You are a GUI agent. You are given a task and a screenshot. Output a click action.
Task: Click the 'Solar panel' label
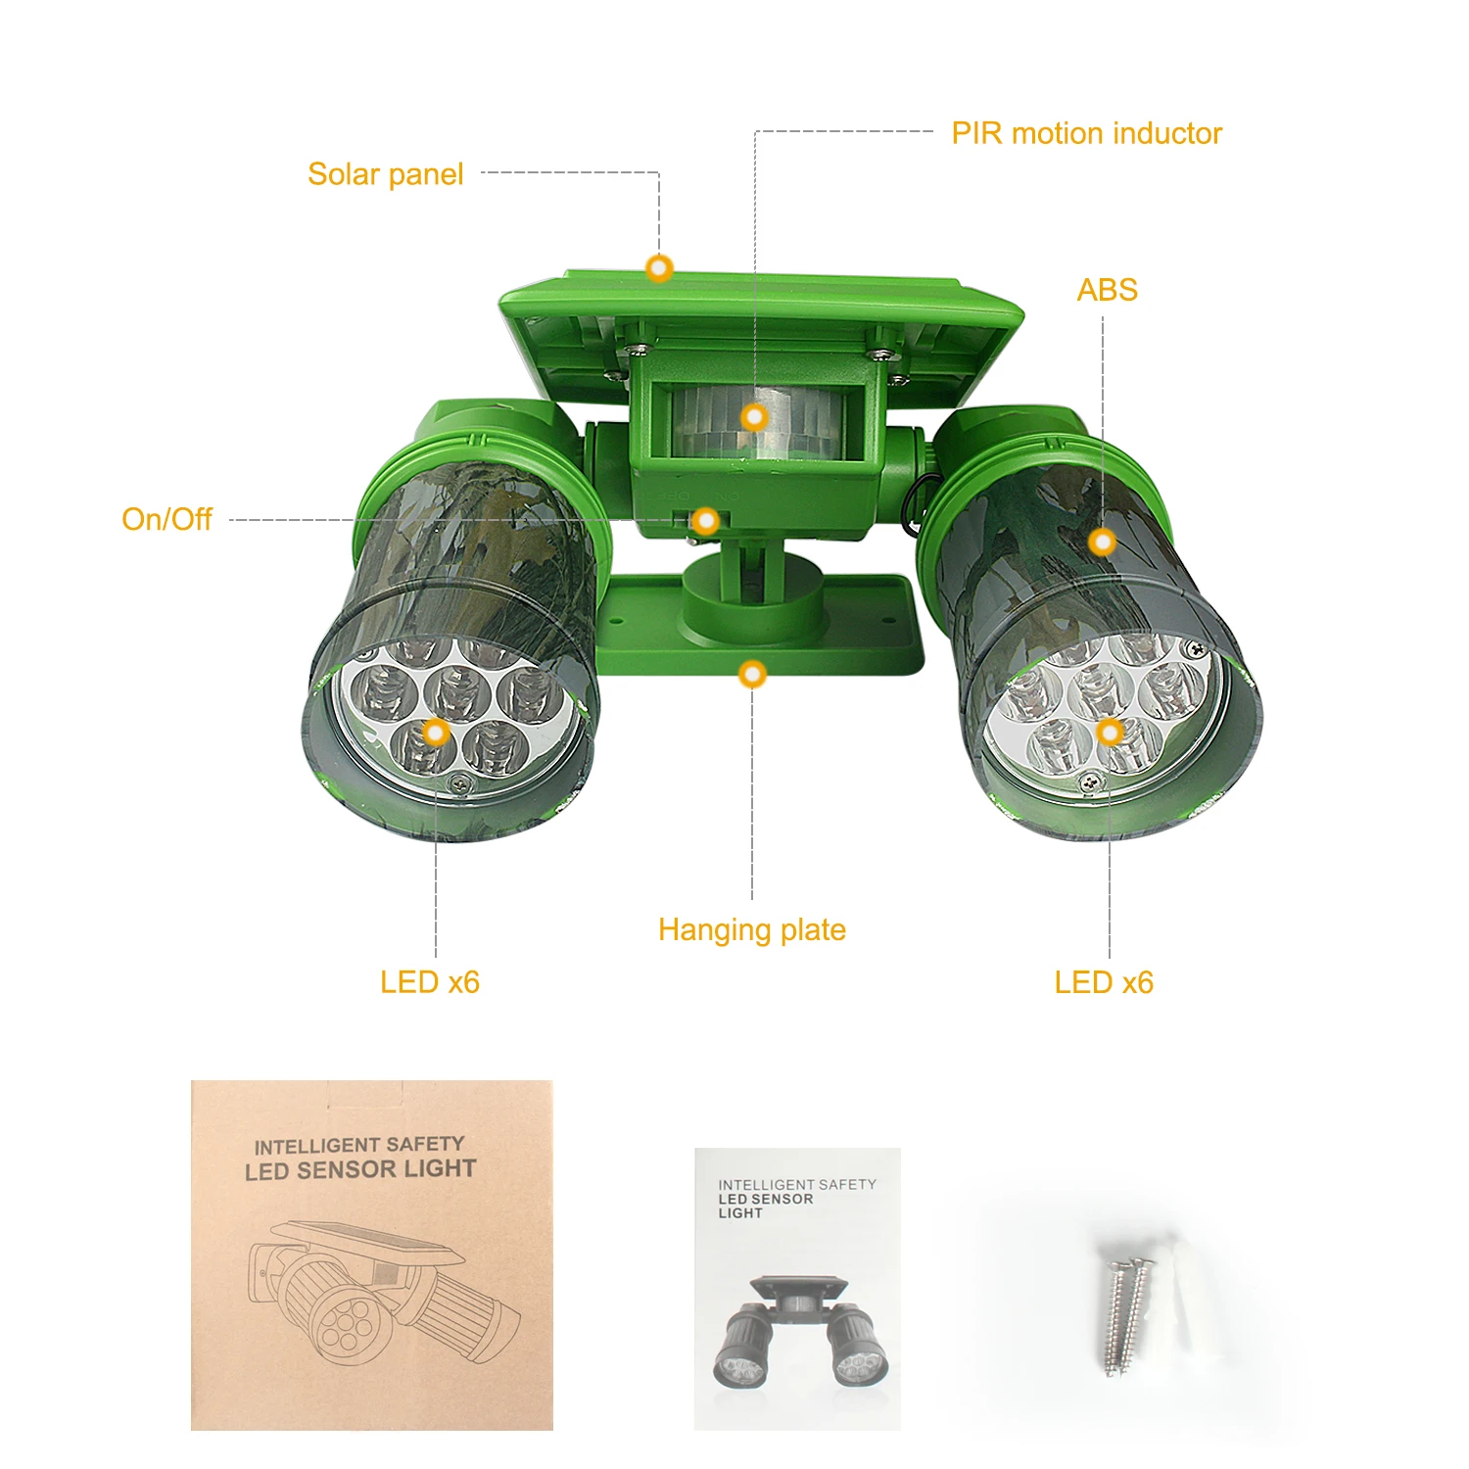coord(385,174)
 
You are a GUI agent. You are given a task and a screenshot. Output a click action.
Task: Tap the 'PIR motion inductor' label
coord(1086,133)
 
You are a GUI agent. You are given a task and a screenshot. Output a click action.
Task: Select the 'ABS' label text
coord(1107,290)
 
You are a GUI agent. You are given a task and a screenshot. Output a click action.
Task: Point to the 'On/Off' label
coord(166,519)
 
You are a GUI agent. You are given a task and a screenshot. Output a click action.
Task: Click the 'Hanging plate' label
coord(751,929)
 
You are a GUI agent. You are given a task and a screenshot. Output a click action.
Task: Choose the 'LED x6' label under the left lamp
coord(430,982)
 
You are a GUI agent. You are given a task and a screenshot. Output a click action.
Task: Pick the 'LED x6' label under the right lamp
coord(1104,982)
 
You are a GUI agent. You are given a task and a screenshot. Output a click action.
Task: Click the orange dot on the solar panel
coord(659,267)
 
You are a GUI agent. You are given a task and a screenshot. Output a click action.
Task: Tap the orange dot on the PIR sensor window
coord(754,418)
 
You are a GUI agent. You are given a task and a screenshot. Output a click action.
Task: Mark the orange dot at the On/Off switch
coord(705,521)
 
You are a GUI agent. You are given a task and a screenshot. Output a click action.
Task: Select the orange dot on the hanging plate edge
coord(752,674)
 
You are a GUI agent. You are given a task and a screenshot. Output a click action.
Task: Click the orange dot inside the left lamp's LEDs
coord(436,732)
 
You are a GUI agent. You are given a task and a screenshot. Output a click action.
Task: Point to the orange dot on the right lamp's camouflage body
coord(1103,542)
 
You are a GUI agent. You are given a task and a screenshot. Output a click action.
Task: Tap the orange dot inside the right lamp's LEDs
coord(1110,732)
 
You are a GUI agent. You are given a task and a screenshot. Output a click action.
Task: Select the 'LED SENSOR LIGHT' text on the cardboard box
coord(360,1169)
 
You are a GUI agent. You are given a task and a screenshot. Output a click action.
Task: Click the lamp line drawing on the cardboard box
coord(382,1293)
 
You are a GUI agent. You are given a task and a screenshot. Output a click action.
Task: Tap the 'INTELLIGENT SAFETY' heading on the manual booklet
coord(796,1184)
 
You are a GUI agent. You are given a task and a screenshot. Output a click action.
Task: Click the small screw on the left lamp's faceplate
coord(459,782)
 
